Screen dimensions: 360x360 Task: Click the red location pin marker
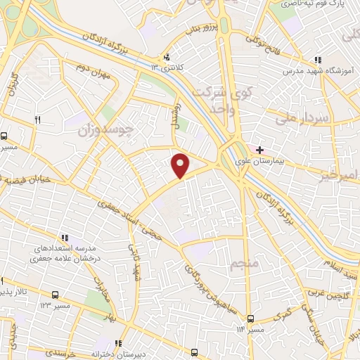point(181,165)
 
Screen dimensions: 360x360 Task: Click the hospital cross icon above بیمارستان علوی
point(259,150)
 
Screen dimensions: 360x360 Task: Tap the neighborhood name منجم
point(244,266)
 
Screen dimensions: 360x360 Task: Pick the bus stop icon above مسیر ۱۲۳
point(55,296)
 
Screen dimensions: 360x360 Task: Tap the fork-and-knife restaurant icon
point(37,120)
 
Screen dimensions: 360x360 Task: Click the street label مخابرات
point(103,287)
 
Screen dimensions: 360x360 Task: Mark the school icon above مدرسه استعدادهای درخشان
point(65,239)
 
